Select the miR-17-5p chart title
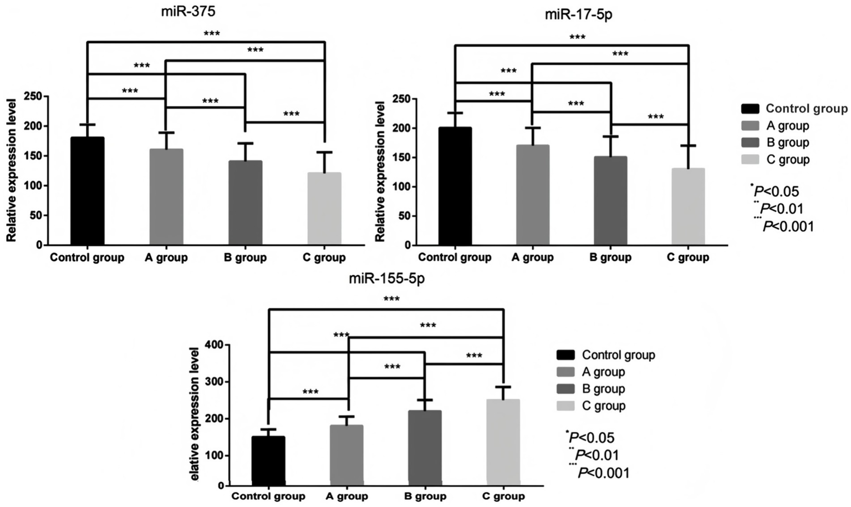pos(578,14)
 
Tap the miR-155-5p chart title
pos(386,278)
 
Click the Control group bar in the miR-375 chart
pos(87,191)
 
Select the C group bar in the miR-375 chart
pos(324,209)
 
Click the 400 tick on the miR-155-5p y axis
pos(213,345)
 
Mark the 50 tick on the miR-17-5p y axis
pos(403,216)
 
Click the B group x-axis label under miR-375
pos(245,257)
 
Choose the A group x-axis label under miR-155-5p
pos(346,496)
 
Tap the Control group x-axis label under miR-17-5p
pos(455,257)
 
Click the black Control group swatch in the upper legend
pos(750,109)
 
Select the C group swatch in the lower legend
pos(565,406)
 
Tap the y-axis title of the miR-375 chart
pos(11,170)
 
